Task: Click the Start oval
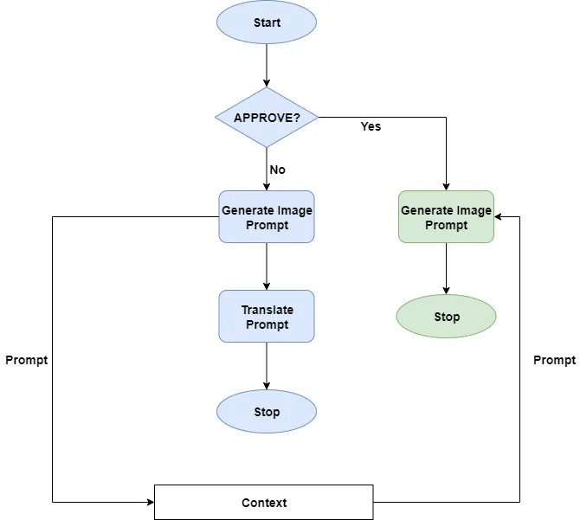[x=267, y=23]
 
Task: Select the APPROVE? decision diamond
[x=267, y=117]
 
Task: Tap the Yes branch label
[x=371, y=126]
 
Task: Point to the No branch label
[x=277, y=170]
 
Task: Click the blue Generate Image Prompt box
[x=267, y=217]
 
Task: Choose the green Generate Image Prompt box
[x=446, y=217]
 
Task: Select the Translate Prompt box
[x=267, y=317]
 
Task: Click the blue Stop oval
[x=267, y=412]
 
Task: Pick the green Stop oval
[x=446, y=317]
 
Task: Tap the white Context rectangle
[x=263, y=502]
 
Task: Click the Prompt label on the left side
[x=26, y=360]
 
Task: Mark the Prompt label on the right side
[x=554, y=360]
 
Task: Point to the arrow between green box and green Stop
[x=446, y=269]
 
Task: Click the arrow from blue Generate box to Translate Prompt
[x=267, y=266]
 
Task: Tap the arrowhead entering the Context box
[x=149, y=502]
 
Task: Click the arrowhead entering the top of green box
[x=446, y=185]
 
